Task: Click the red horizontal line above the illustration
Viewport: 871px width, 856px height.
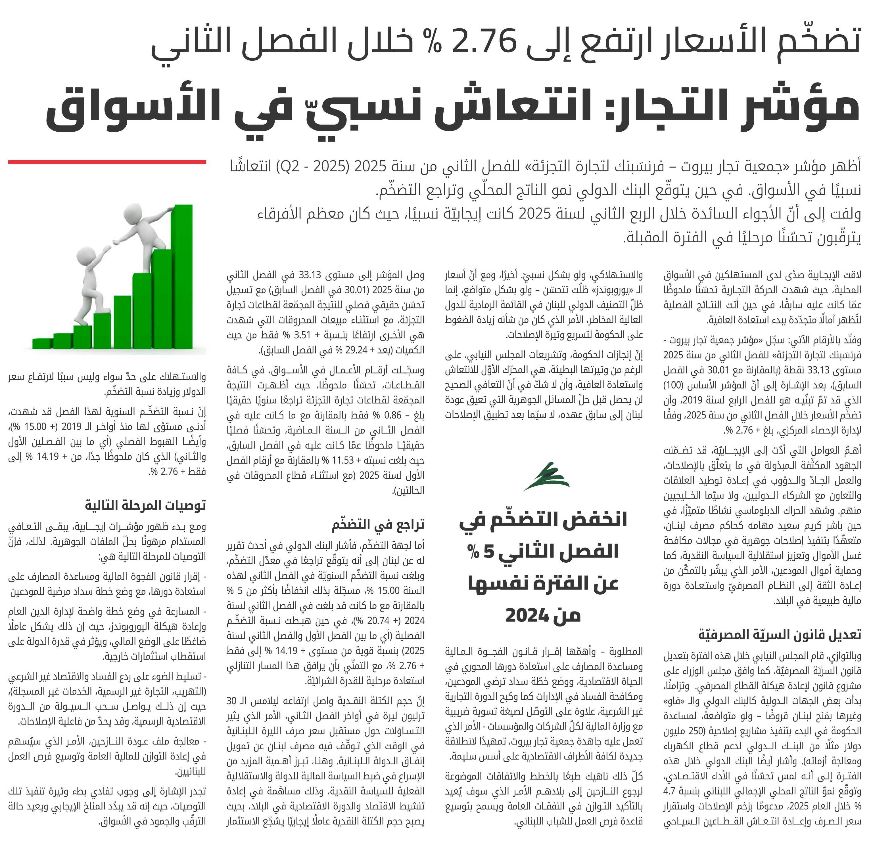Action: click(x=107, y=162)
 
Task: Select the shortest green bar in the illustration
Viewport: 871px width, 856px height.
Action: click(x=42, y=344)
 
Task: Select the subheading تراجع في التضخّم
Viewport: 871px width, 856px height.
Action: click(x=378, y=525)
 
